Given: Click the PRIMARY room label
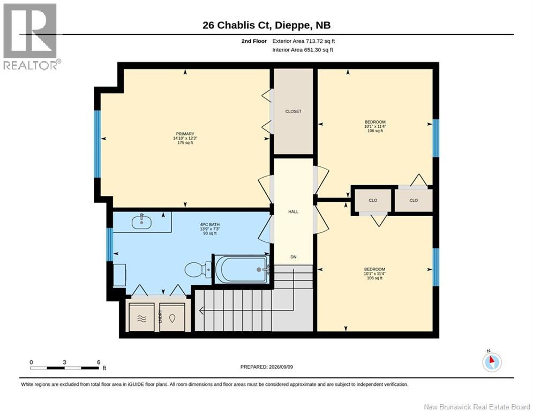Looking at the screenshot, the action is click(x=185, y=134).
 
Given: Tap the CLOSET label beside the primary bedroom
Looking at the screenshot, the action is click(x=294, y=111).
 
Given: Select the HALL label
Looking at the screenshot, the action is click(x=294, y=211).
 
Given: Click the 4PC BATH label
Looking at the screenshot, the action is click(x=210, y=225).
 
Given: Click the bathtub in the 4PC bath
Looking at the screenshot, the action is click(x=243, y=269).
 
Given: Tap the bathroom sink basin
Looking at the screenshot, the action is click(x=141, y=222).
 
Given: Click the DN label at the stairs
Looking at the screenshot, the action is click(x=294, y=257).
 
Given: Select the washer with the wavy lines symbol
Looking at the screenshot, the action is click(x=142, y=317).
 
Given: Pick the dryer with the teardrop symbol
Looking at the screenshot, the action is click(x=172, y=317).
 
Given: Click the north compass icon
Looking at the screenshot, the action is click(x=492, y=362).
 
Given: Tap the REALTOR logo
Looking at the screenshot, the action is click(x=31, y=36).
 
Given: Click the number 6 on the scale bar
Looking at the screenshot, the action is click(x=99, y=362).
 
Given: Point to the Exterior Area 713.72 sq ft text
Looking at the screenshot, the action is click(x=304, y=41).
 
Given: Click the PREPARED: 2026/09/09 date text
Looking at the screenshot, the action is click(x=267, y=367).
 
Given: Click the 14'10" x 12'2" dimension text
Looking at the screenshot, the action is click(x=185, y=138).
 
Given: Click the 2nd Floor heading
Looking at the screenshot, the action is click(x=254, y=41).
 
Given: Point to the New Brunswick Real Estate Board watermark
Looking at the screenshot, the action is click(x=477, y=407).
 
